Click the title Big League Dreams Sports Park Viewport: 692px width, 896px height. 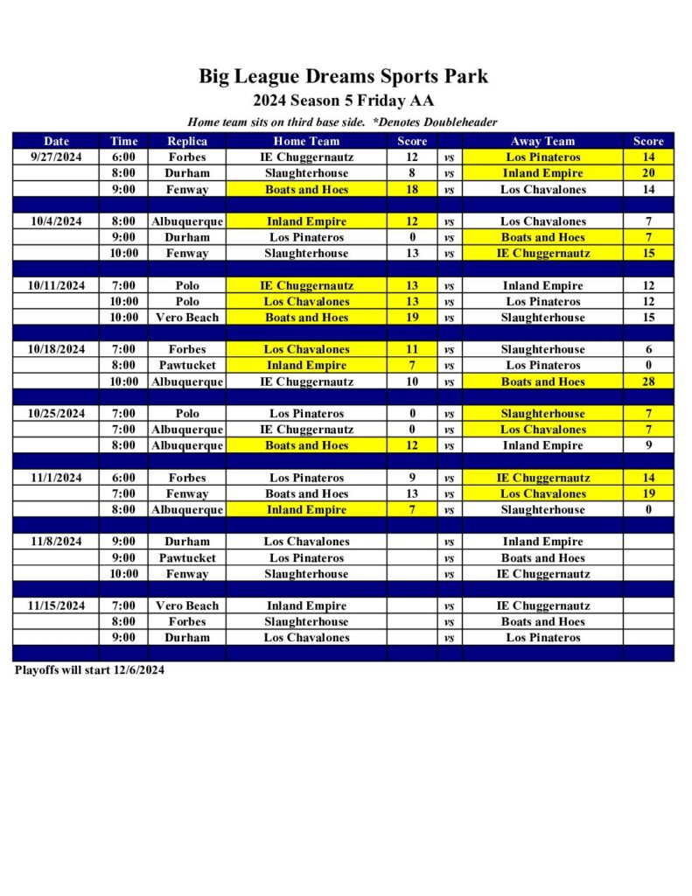[343, 76]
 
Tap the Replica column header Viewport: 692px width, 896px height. [187, 141]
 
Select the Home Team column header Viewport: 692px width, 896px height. [306, 141]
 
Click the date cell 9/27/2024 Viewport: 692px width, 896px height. [56, 157]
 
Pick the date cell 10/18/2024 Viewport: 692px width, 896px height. [56, 349]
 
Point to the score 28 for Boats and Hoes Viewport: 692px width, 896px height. [648, 381]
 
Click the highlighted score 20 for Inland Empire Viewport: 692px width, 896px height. [648, 173]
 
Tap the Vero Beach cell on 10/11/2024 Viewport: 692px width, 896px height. [187, 318]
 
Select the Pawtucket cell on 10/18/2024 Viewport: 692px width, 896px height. [187, 365]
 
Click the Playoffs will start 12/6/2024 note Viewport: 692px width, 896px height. [90, 670]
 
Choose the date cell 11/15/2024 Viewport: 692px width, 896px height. [56, 605]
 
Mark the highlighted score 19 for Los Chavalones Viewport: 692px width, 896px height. [648, 493]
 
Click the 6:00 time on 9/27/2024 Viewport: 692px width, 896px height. [123, 157]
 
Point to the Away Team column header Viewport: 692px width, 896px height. [542, 141]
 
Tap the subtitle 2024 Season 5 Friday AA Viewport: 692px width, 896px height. [343, 101]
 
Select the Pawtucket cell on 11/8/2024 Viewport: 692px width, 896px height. [187, 557]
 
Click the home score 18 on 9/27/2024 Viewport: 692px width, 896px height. [412, 189]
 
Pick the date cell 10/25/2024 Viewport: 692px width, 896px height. [56, 413]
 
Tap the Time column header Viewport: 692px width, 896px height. [123, 141]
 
